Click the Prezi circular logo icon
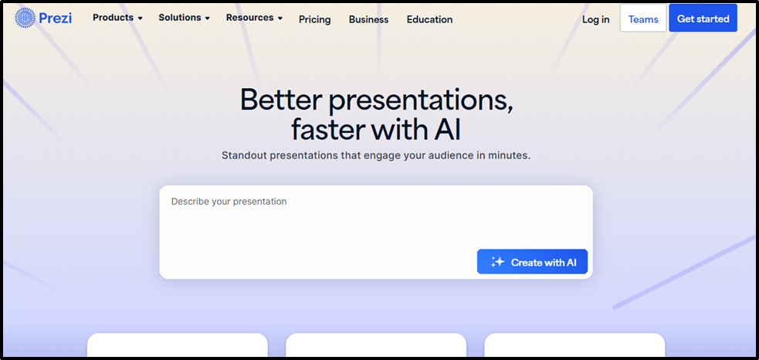(25, 18)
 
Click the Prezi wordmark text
(55, 19)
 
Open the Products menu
(117, 18)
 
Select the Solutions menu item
(184, 18)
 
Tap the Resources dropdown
(254, 18)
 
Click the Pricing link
(314, 19)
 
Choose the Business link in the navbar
(368, 19)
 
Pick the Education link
(429, 19)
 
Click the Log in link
(595, 19)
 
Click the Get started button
(703, 19)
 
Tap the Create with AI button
(532, 262)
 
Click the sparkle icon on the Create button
(497, 262)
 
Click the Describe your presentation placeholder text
(229, 202)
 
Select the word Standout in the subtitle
(242, 156)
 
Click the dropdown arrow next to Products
(140, 19)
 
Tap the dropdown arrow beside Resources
(280, 19)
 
